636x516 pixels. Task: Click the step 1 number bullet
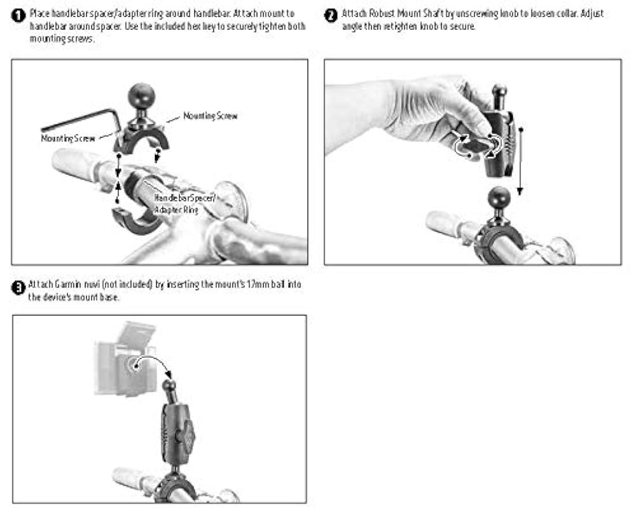[x=19, y=16]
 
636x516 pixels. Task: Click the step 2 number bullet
[x=331, y=16]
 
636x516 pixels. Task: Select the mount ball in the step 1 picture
[x=142, y=96]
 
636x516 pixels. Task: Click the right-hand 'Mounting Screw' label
[x=210, y=116]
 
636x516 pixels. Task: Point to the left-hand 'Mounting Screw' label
[x=68, y=139]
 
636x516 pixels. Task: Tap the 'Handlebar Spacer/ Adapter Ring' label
[x=184, y=204]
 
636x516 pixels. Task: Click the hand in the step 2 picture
[x=410, y=117]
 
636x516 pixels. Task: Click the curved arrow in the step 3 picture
[x=153, y=364]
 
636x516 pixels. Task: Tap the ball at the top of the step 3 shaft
[x=169, y=385]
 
